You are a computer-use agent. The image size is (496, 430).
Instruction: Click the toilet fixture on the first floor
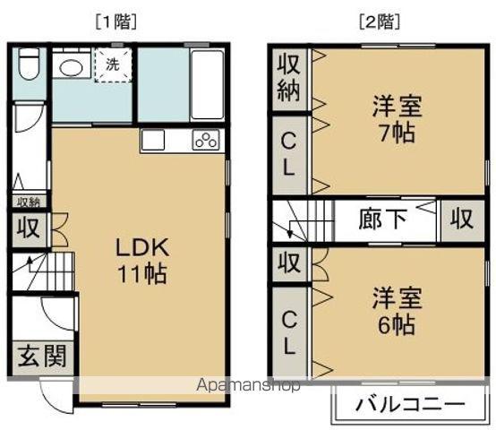[29, 64]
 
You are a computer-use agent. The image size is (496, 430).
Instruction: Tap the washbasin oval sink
[72, 67]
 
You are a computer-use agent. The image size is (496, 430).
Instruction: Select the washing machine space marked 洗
[113, 64]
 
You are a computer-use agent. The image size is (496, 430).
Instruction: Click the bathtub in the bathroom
[207, 84]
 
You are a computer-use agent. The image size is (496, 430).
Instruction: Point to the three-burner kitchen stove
[207, 140]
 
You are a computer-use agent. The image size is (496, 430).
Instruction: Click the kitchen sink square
[153, 140]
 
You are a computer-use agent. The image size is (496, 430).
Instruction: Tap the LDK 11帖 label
[142, 261]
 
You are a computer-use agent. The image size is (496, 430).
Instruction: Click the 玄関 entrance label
[42, 356]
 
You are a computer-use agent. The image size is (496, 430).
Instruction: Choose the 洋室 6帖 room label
[397, 311]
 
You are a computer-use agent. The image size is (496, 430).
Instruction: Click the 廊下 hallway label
[383, 219]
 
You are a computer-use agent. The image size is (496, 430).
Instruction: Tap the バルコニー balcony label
[410, 404]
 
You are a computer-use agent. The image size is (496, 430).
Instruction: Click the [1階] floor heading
[116, 22]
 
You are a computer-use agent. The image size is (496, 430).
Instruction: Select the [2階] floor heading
[380, 22]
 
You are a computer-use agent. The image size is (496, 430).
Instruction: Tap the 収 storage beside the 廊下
[462, 219]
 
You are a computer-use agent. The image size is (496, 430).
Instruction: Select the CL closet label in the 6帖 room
[288, 332]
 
